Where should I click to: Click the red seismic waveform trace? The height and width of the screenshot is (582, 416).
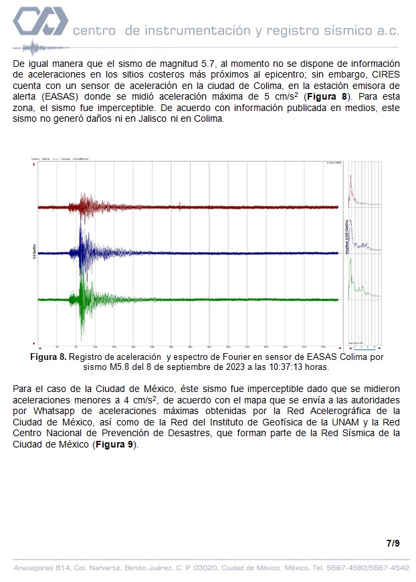tap(87, 207)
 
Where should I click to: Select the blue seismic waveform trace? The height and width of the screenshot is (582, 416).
tap(84, 252)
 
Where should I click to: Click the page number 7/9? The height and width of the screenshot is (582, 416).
tap(393, 543)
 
